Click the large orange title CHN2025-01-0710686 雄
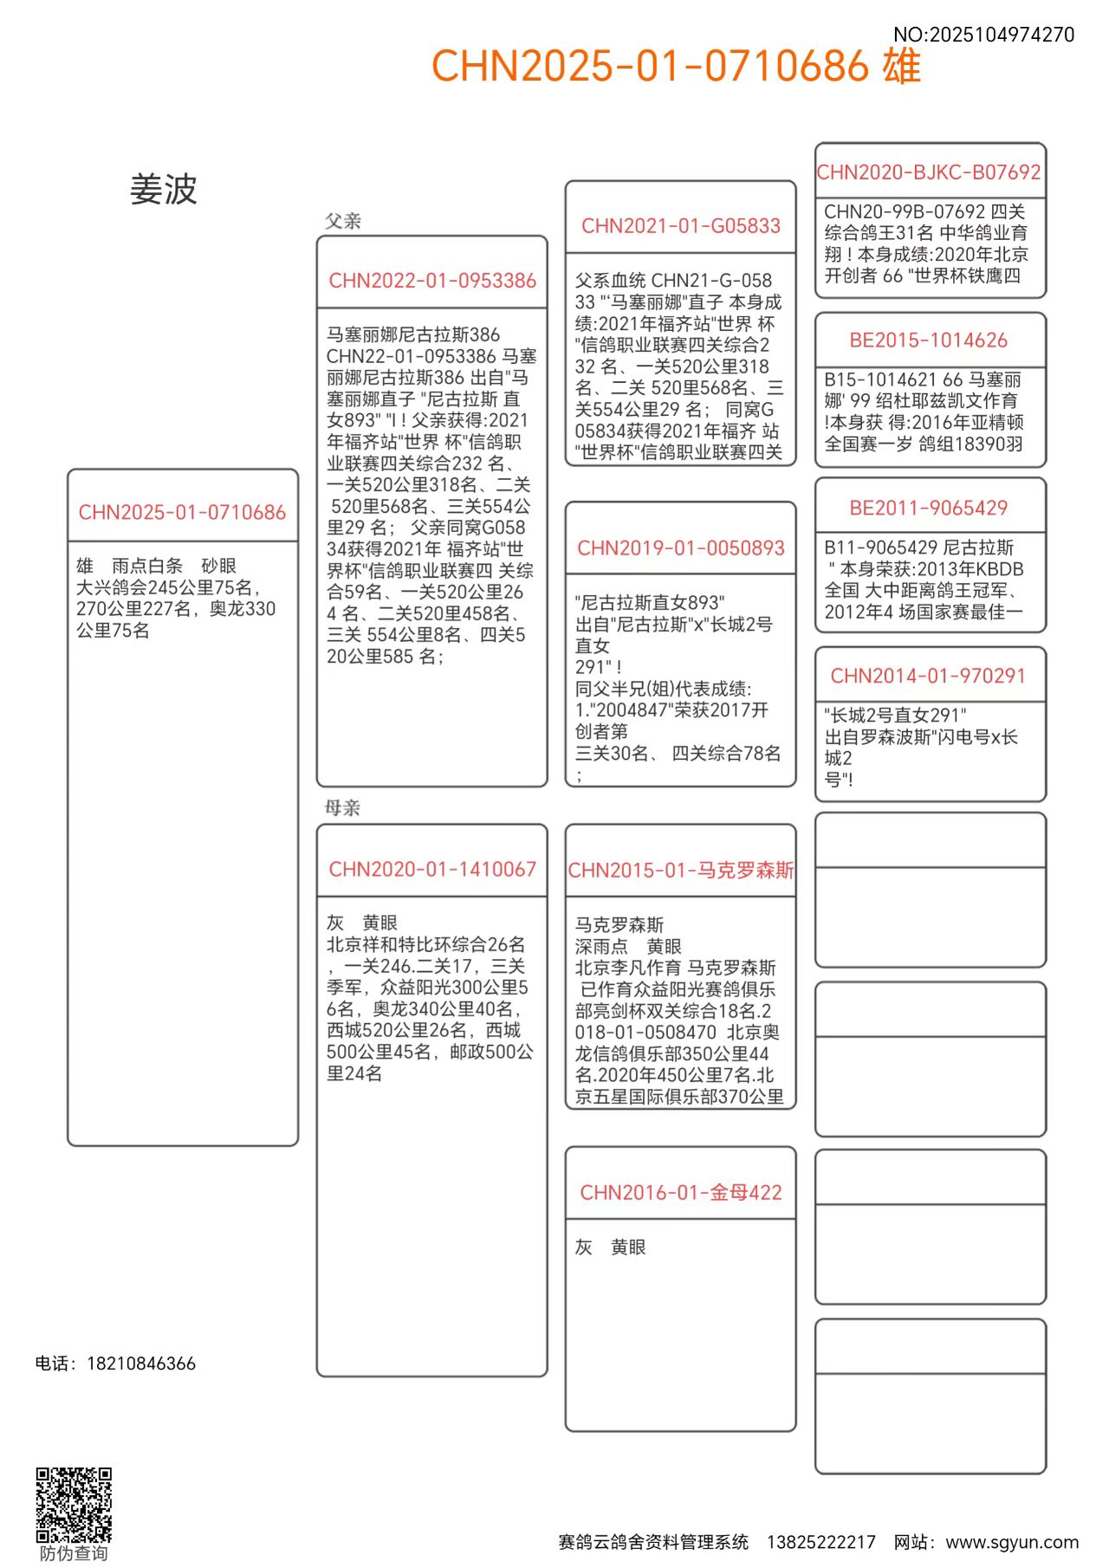click(676, 66)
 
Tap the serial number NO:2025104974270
click(983, 35)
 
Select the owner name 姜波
click(164, 190)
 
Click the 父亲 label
click(343, 221)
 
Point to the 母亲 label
click(342, 808)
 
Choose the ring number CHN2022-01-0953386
click(432, 281)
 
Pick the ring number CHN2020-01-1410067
click(432, 869)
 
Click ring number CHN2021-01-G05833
click(681, 226)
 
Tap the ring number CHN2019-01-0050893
click(681, 548)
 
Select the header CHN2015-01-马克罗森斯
click(681, 870)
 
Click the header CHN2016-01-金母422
click(681, 1193)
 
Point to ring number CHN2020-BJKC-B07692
click(929, 172)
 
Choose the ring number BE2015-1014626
click(929, 340)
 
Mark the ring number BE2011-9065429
click(929, 509)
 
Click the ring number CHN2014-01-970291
click(929, 676)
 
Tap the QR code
click(74, 1505)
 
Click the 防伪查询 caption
click(74, 1553)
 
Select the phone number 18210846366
click(141, 1364)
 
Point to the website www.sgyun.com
click(1012, 1542)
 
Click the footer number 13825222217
click(821, 1542)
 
